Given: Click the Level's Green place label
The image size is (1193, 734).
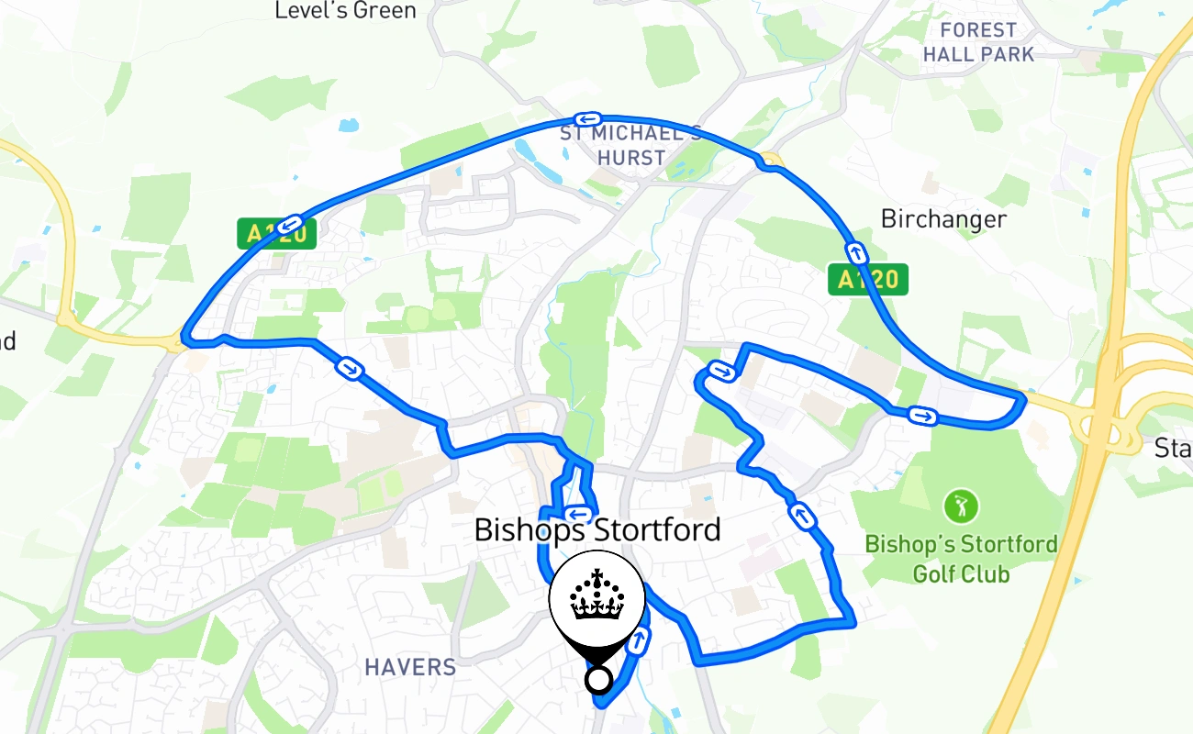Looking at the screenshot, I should point(346,11).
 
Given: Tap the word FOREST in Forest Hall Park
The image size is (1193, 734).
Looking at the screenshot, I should point(979,30).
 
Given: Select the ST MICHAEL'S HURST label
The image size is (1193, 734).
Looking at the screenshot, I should point(630,146).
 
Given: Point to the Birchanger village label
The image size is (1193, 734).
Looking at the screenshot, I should point(943,219).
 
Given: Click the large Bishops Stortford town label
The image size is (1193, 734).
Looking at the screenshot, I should point(597,530).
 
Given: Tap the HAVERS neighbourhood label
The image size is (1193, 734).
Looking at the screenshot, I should point(410,667).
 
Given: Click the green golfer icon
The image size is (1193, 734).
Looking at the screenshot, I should point(961,506).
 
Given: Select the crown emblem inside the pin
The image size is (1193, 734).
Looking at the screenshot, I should point(597,597).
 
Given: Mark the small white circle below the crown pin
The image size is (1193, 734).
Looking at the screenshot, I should point(598,680).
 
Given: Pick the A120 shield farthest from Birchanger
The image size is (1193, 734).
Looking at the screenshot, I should point(276,234).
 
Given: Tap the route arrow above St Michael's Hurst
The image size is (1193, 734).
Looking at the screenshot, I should point(586,119).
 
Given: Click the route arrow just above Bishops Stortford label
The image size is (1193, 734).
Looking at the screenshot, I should point(578,513).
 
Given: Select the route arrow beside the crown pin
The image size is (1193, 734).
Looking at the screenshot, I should point(637,642).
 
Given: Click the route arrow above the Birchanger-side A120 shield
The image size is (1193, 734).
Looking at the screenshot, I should point(855,251).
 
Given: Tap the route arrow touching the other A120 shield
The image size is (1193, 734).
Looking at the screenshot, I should point(291,223).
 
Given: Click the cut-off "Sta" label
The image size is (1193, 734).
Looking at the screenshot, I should point(1173,449).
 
